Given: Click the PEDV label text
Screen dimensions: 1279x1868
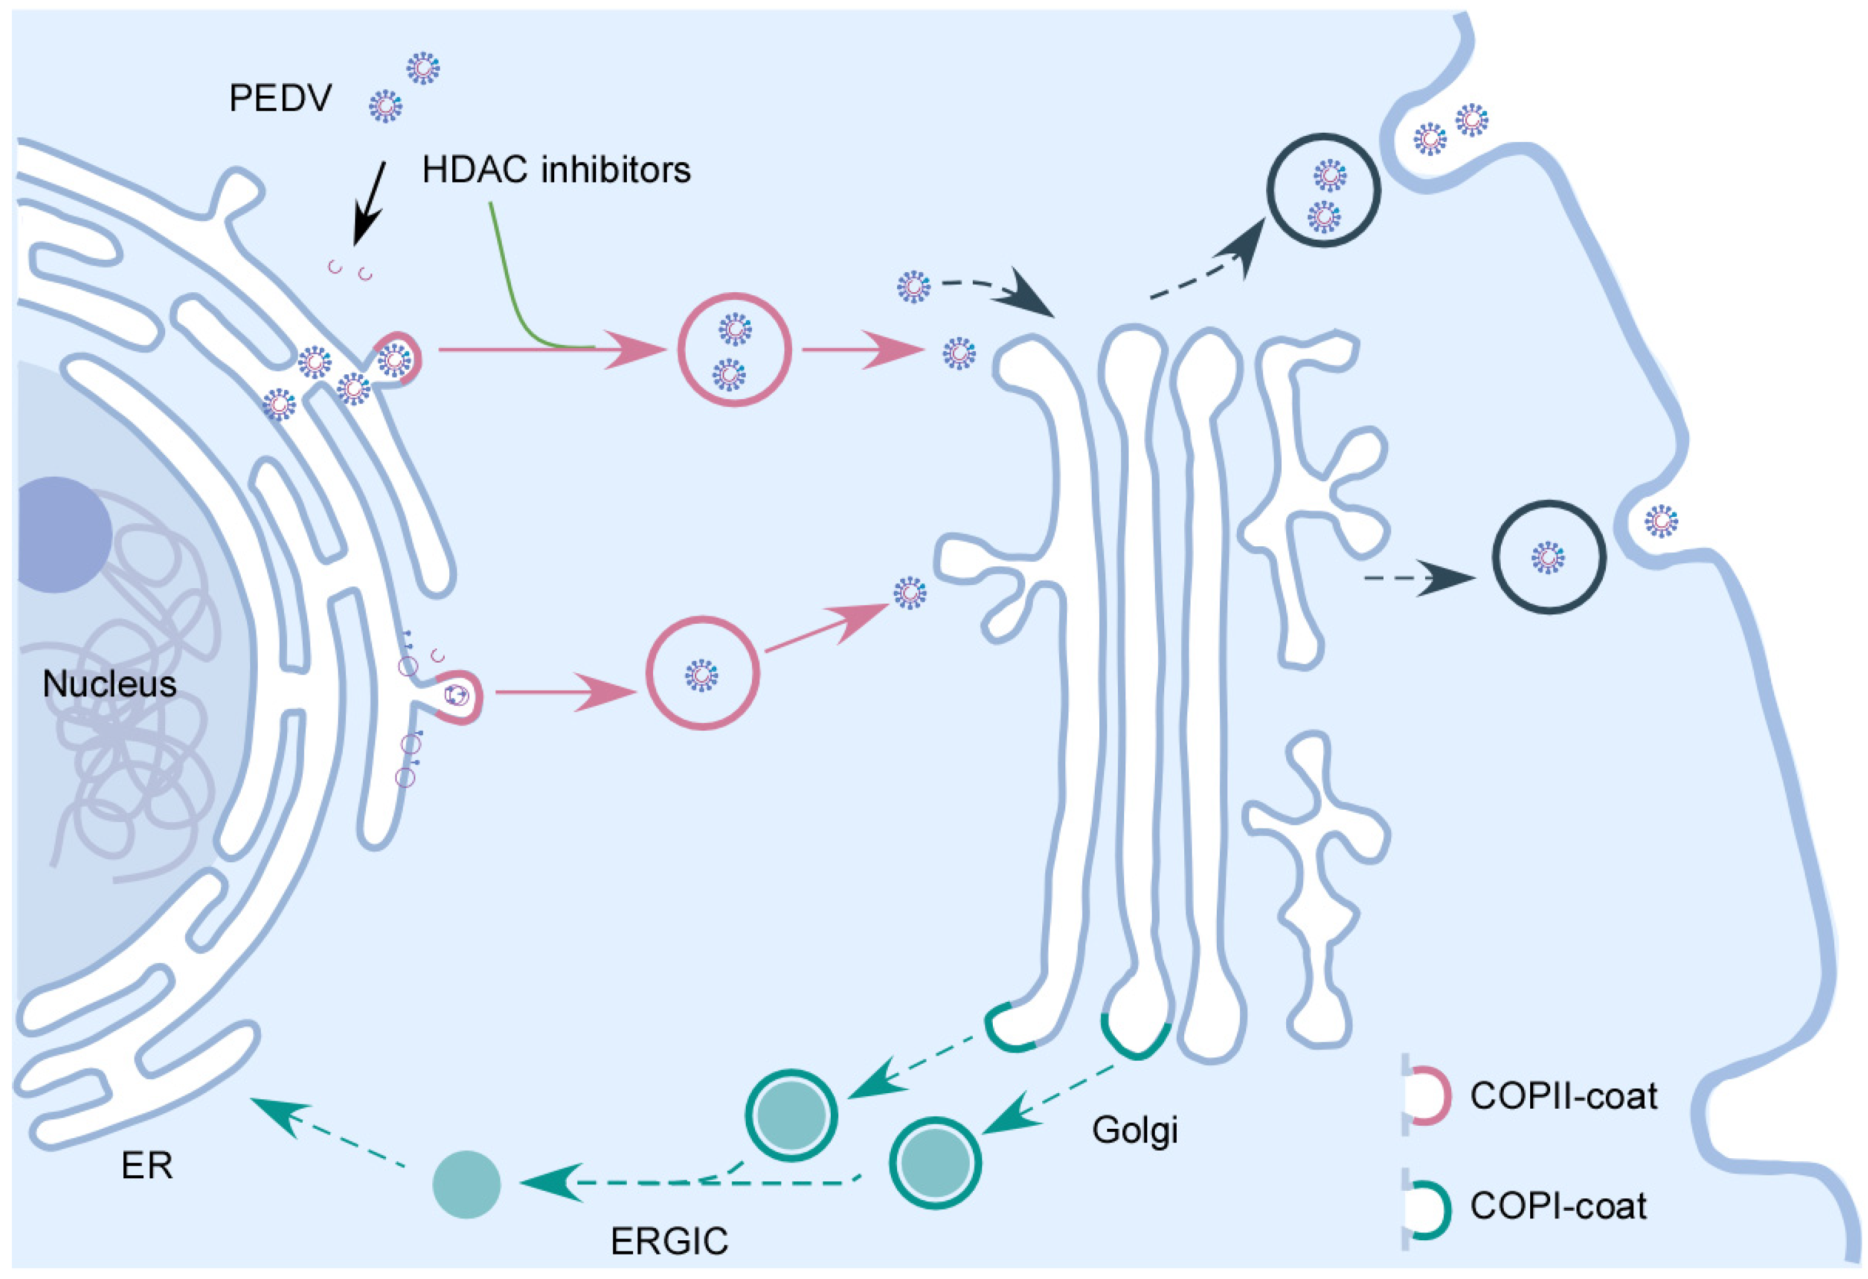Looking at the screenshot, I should click(x=280, y=99).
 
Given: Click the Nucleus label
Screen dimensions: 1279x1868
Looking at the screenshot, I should click(x=109, y=684).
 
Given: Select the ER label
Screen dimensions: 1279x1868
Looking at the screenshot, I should click(x=147, y=1165).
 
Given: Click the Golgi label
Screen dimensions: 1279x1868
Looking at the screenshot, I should click(x=1134, y=1129).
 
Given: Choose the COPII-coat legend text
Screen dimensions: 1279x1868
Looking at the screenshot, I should click(x=1563, y=1096).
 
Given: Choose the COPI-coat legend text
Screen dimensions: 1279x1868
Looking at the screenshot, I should click(x=1558, y=1206).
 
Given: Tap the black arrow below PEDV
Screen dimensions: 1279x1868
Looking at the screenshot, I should click(x=370, y=203).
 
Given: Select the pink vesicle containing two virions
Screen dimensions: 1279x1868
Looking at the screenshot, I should click(x=734, y=350).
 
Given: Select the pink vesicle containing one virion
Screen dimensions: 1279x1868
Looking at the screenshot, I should click(x=703, y=673).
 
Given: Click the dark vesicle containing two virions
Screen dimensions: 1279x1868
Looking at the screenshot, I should click(x=1324, y=190).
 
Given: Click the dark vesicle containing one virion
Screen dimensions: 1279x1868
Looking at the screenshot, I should click(x=1549, y=557).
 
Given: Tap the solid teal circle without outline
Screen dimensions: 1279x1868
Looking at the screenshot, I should click(x=466, y=1184).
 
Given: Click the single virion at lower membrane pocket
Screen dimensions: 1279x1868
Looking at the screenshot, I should click(x=1662, y=521).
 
